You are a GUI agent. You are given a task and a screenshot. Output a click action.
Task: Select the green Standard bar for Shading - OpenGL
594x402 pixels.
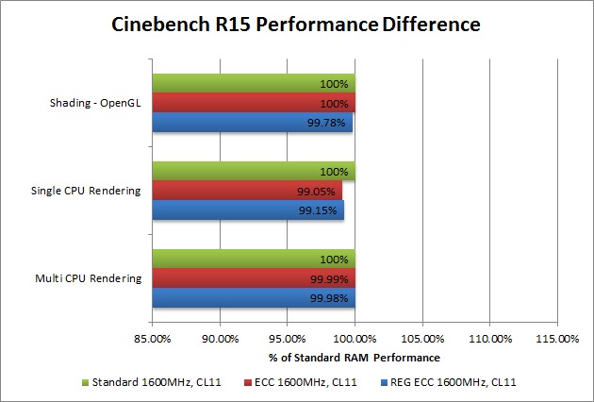pyautogui.click(x=253, y=84)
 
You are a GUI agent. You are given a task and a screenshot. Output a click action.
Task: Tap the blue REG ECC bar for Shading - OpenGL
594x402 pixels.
pyautogui.click(x=252, y=123)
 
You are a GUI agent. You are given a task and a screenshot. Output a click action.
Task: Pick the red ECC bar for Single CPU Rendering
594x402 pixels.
pyautogui.click(x=246, y=192)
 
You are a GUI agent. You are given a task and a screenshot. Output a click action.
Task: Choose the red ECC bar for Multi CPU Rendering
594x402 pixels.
pyautogui.click(x=253, y=279)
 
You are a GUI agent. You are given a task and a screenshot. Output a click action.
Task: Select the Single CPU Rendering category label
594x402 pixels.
pyautogui.click(x=87, y=191)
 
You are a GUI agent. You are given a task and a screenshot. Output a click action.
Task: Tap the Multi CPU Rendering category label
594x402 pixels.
pyautogui.click(x=89, y=278)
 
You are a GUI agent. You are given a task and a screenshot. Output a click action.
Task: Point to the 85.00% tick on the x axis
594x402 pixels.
pyautogui.click(x=153, y=338)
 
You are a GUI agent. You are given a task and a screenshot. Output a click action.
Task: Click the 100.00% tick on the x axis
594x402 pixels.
pyautogui.click(x=355, y=338)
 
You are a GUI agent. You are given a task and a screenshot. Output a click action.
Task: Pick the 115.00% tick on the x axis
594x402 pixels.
pyautogui.click(x=556, y=338)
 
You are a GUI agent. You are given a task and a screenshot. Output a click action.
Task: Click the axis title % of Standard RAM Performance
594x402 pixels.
pyautogui.click(x=355, y=358)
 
